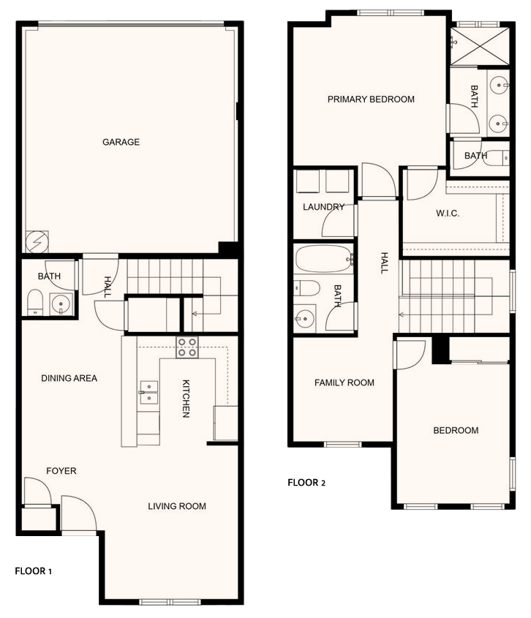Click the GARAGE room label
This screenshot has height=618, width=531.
point(121,142)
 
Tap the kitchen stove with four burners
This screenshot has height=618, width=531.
point(187,347)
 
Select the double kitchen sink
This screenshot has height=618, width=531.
point(149,393)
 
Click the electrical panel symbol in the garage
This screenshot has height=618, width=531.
point(37,241)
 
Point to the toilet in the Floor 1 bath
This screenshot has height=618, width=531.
point(34,302)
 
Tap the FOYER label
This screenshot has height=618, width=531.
point(61,470)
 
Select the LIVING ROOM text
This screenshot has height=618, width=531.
point(177,506)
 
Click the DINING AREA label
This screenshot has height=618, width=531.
point(69,378)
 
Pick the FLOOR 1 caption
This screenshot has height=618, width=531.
point(33,570)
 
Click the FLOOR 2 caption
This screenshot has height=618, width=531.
point(306,483)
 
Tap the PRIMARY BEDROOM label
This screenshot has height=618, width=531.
point(371,99)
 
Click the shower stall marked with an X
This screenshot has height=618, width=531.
point(480,47)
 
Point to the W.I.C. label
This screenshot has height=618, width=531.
point(448,214)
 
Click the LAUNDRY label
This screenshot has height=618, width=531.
point(323,207)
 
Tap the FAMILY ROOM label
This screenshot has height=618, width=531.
point(344,383)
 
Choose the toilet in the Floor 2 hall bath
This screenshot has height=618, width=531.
point(306,288)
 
